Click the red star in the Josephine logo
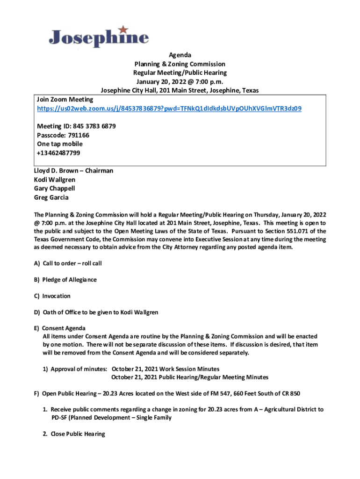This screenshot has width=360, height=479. (x=123, y=29)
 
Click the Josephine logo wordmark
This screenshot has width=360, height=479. (x=99, y=38)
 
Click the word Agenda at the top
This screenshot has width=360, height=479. (x=180, y=55)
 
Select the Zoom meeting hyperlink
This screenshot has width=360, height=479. (x=169, y=109)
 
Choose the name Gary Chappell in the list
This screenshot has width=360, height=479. (x=54, y=189)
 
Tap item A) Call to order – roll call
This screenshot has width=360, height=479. (x=68, y=263)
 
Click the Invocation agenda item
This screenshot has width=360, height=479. (x=52, y=296)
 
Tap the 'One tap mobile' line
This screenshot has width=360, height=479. (x=60, y=144)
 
